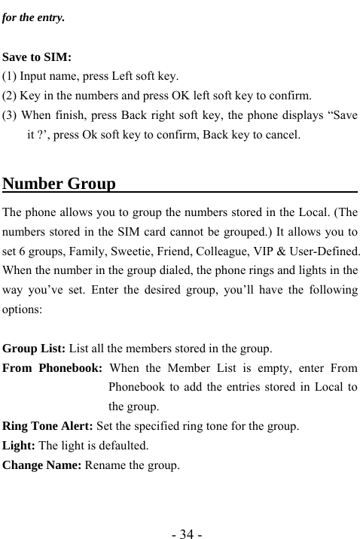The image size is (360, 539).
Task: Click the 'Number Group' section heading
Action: tap(59, 184)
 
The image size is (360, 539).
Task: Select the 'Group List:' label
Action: tap(35, 349)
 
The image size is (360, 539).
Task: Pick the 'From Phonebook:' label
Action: tap(53, 368)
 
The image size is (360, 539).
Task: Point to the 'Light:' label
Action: tap(20, 446)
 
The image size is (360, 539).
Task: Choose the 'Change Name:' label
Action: tap(43, 465)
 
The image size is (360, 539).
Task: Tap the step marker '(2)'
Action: tap(11, 96)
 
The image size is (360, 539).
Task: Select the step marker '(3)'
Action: tap(11, 116)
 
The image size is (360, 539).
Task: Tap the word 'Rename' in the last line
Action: tap(105, 465)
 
